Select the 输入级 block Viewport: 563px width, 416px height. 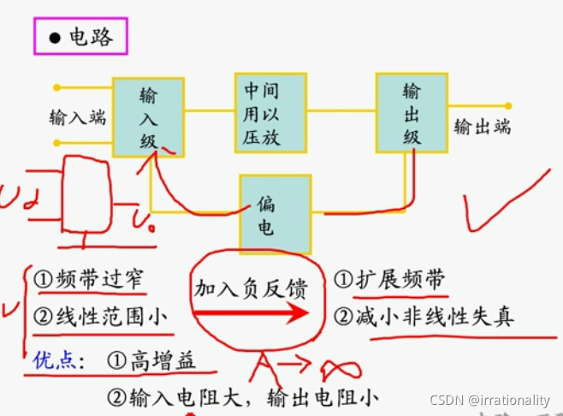(x=148, y=117)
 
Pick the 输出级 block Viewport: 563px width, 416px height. (x=411, y=113)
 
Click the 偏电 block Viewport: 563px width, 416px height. (x=275, y=214)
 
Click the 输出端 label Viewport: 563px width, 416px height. (x=482, y=127)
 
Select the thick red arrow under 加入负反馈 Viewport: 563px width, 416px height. (x=252, y=313)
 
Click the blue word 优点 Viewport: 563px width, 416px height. (x=55, y=360)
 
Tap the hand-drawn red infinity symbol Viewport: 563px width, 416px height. (x=340, y=370)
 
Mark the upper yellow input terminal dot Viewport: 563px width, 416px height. (x=56, y=87)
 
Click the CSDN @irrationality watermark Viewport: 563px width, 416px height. (x=489, y=400)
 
